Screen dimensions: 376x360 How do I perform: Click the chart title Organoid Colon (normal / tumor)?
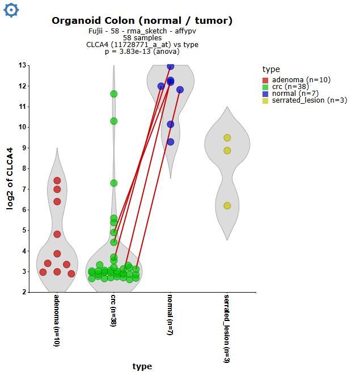[x=142, y=21]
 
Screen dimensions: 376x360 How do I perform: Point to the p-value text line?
[x=142, y=52]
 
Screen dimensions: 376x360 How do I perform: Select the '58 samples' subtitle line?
[x=142, y=37]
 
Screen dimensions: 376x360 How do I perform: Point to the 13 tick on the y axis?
[x=22, y=65]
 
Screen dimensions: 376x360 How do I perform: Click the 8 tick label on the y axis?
[x=23, y=168]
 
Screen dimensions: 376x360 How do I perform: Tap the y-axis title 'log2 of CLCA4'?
[x=10, y=179]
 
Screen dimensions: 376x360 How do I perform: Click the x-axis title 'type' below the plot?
[x=142, y=366]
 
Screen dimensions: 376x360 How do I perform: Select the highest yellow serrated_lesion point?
[x=227, y=138]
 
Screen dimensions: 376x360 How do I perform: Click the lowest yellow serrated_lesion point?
[x=227, y=206]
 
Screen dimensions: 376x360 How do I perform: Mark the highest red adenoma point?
[x=57, y=181]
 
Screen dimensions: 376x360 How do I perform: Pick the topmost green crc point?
[x=114, y=94]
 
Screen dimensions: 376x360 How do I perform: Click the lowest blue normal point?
[x=171, y=142]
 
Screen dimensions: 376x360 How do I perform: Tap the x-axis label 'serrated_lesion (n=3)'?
[x=227, y=328]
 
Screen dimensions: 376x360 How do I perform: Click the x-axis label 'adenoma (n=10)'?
[x=57, y=320]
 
